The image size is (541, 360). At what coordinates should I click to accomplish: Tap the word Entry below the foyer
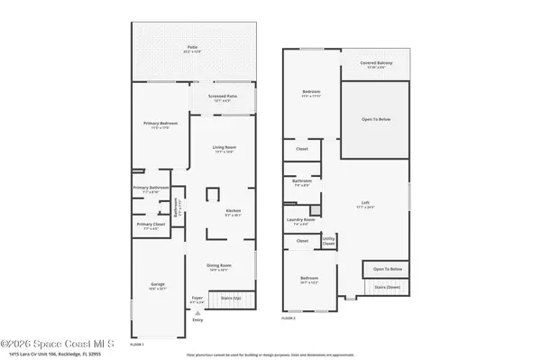(x=197, y=319)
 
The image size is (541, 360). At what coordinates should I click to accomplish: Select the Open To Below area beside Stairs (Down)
(x=388, y=269)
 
